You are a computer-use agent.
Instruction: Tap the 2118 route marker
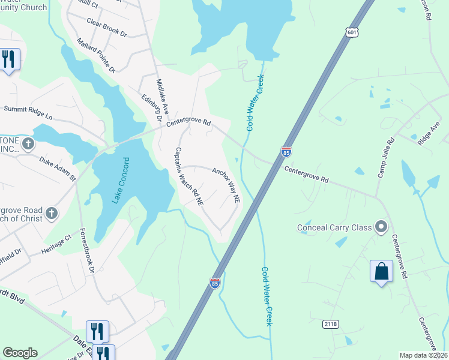pos(331,324)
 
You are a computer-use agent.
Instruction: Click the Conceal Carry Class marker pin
pos(381,227)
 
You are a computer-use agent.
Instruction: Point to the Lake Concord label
pos(121,181)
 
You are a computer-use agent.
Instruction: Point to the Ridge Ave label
pos(429,133)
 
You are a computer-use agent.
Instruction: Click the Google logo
pos(20,353)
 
